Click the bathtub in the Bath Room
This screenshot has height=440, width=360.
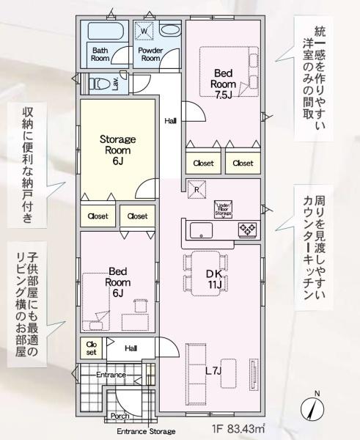click(106, 30)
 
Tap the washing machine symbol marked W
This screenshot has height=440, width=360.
click(144, 31)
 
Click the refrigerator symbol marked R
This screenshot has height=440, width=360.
click(196, 189)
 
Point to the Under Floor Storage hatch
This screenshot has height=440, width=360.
click(224, 209)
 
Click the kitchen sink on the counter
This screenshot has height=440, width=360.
click(201, 230)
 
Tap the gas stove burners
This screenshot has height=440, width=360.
click(247, 230)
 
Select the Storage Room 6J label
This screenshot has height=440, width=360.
click(118, 150)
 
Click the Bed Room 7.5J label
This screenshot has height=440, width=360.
click(224, 84)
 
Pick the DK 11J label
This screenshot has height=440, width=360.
click(215, 279)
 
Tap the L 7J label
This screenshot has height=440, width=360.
click(214, 371)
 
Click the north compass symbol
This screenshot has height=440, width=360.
click(312, 407)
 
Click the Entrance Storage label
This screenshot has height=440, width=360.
click(146, 431)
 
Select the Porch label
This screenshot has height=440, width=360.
click(120, 416)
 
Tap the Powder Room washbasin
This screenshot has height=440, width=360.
click(171, 30)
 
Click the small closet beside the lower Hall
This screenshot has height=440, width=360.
click(91, 348)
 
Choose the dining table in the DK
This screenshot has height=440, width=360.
click(205, 274)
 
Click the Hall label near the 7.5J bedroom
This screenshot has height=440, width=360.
click(170, 121)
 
